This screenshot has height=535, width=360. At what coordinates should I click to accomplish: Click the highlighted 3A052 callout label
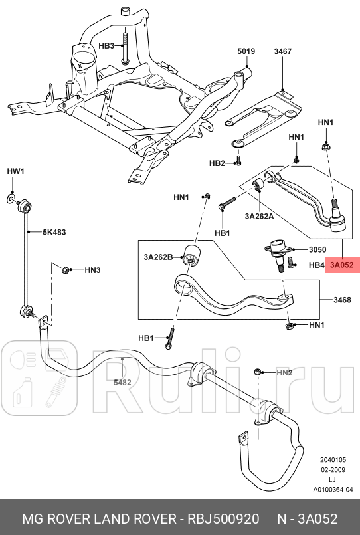click(x=341, y=265)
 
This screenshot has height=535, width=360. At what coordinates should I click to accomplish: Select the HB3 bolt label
click(x=107, y=46)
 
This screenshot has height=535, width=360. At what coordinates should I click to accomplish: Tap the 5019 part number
click(x=246, y=51)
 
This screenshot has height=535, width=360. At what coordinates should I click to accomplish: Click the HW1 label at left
click(x=15, y=171)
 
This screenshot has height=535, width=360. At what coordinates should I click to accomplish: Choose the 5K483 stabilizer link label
click(x=54, y=233)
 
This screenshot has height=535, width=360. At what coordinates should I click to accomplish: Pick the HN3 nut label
click(x=92, y=270)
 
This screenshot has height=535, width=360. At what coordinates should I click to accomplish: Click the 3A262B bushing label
click(x=158, y=257)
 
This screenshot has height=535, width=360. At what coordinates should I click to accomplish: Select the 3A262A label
click(x=260, y=216)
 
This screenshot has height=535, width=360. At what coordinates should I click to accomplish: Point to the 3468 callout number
click(x=342, y=300)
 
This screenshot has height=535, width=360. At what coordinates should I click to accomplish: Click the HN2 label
click(x=284, y=373)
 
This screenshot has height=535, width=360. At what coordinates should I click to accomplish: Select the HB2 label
click(x=217, y=163)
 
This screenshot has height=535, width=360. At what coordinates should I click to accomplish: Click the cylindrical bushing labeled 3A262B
click(x=195, y=254)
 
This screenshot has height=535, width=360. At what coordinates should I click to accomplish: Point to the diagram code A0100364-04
click(x=333, y=490)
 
